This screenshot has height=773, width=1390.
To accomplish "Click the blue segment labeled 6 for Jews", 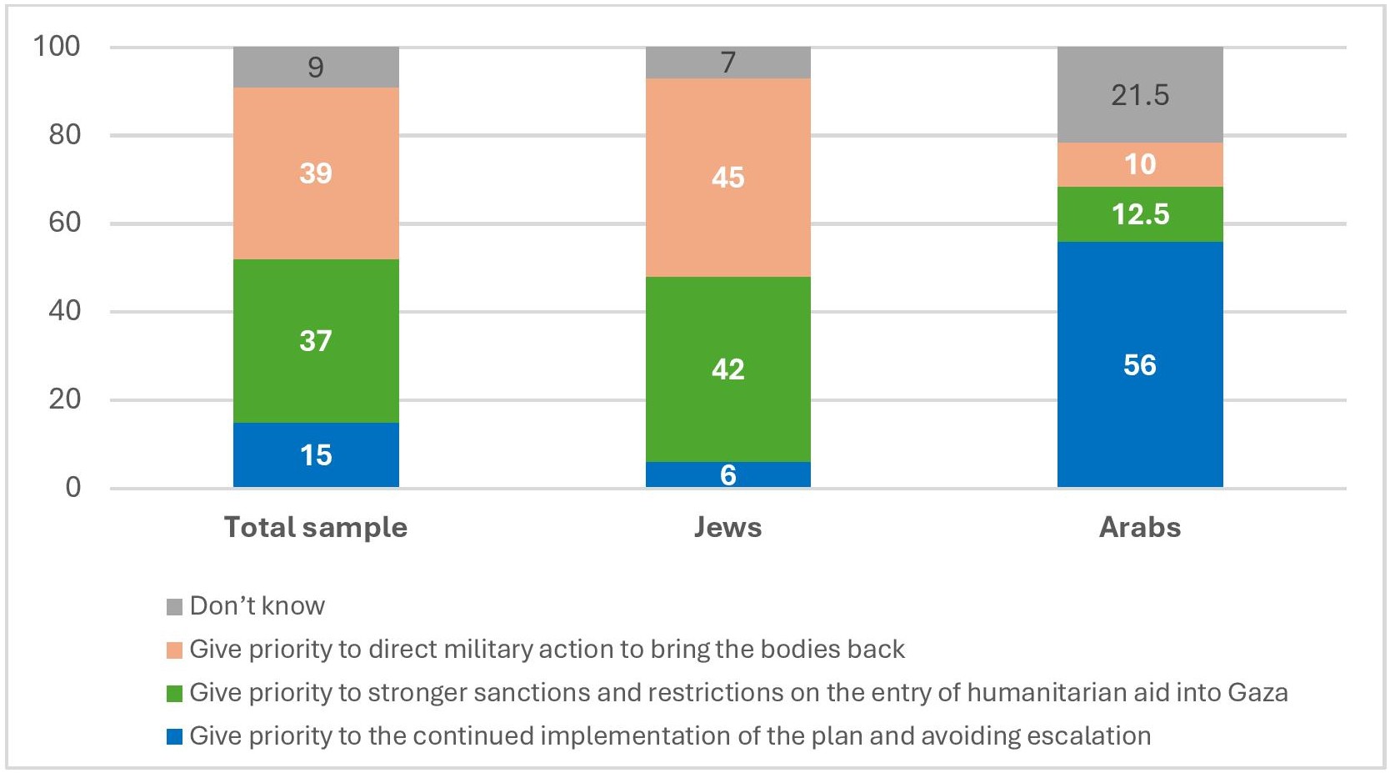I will tap(727, 474).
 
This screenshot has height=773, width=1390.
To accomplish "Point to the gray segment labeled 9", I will tap(316, 67).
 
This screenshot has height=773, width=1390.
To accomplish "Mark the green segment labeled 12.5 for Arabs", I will tap(1139, 214).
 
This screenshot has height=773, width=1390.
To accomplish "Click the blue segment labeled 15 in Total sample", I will tap(316, 454).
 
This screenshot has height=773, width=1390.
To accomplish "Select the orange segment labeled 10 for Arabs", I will tap(1139, 164).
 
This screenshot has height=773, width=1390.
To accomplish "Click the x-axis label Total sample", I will tap(316, 527).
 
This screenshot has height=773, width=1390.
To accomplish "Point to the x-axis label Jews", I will tap(727, 527).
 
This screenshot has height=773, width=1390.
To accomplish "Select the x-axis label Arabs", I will tap(1139, 527).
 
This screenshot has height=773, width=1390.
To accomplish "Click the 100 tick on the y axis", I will tap(57, 46).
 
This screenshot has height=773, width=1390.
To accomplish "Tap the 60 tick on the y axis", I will tap(64, 223).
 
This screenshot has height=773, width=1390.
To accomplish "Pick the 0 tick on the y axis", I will tap(73, 487).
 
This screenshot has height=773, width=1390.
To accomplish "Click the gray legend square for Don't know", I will tap(174, 606).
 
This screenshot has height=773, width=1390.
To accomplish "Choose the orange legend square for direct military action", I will tap(174, 650).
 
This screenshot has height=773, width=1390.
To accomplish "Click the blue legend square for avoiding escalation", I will tap(174, 736).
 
